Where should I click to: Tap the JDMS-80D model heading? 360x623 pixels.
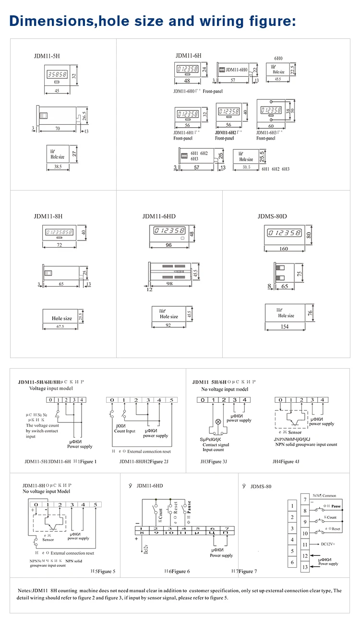tap(272, 216)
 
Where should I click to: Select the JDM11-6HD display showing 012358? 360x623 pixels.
tap(168, 231)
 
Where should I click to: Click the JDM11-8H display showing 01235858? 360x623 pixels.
tap(59, 232)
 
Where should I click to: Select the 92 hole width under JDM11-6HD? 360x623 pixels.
tap(168, 325)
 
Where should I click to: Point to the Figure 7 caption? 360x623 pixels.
tap(248, 571)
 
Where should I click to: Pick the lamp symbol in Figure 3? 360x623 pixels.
tap(218, 421)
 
